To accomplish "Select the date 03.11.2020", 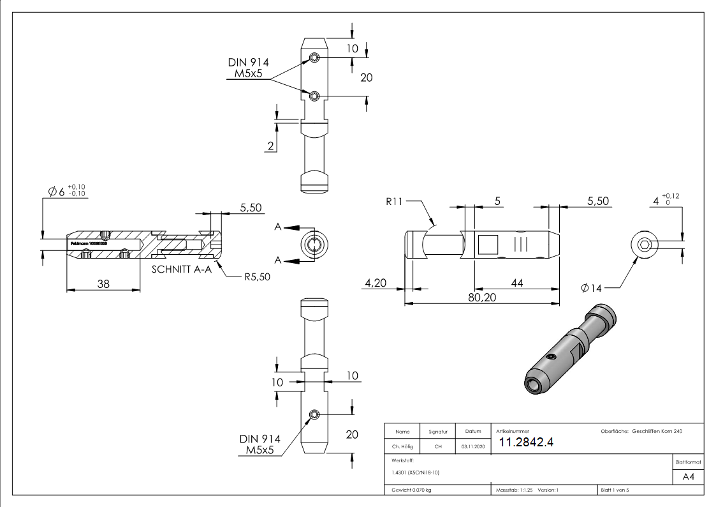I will coord(472,446).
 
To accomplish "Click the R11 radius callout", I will coord(394,202).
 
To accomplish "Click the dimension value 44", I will coord(516,283).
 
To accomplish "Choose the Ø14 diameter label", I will coord(591,289).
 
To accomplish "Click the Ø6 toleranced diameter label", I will coord(67,191).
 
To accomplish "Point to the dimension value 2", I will coord(270,146).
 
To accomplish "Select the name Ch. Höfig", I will coord(402,446).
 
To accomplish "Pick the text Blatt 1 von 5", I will coord(615,490).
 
